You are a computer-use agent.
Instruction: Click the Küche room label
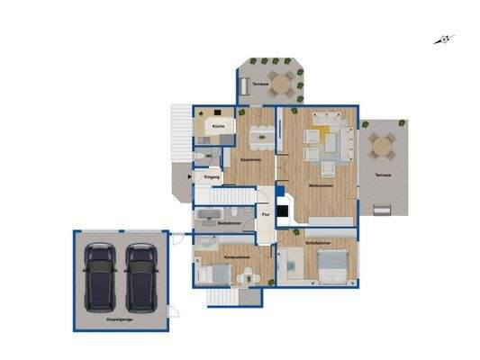217,127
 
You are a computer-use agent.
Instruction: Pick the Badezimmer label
229,221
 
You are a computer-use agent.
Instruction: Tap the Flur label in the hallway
265,214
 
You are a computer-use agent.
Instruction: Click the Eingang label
212,178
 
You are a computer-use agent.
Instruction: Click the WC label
208,156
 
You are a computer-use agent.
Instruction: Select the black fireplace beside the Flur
282,212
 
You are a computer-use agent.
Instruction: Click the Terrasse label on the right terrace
383,175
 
